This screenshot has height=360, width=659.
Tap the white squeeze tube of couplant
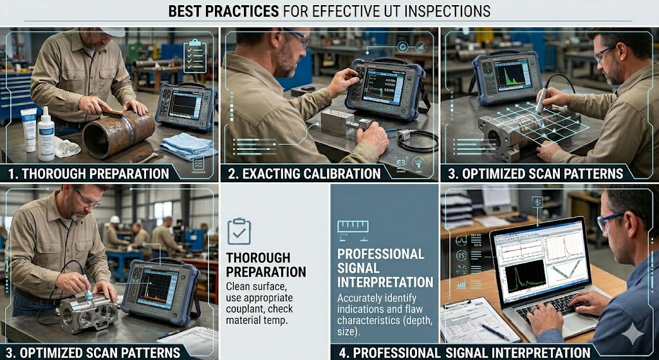click(28, 128)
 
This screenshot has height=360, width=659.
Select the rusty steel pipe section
click(118, 133)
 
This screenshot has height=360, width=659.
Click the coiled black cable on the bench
click(418, 140)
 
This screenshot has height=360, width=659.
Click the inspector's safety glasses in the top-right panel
click(605, 53)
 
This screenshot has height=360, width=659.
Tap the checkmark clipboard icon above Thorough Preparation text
click(239, 231)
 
